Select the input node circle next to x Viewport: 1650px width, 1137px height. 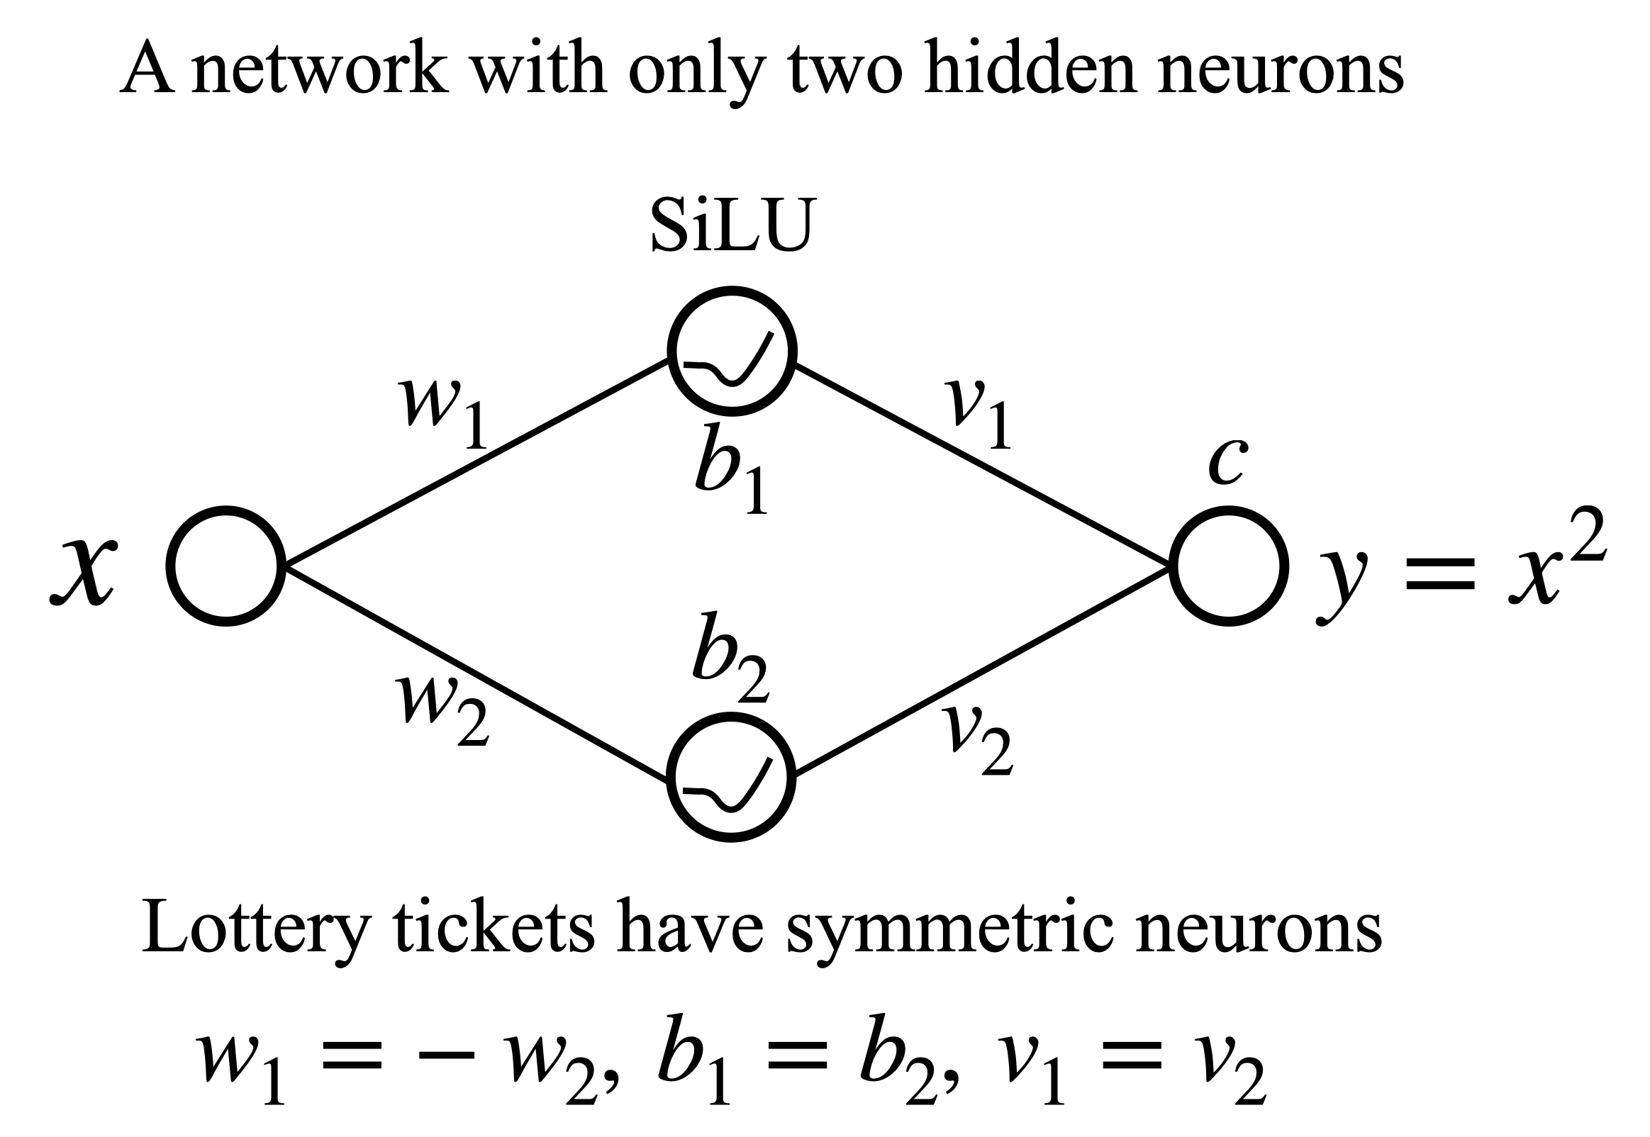(x=227, y=566)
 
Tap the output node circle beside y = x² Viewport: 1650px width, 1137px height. (x=1228, y=566)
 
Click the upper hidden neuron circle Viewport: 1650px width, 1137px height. (x=732, y=350)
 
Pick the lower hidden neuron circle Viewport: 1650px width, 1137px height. (x=732, y=780)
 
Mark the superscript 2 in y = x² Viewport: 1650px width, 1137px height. (x=1588, y=534)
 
